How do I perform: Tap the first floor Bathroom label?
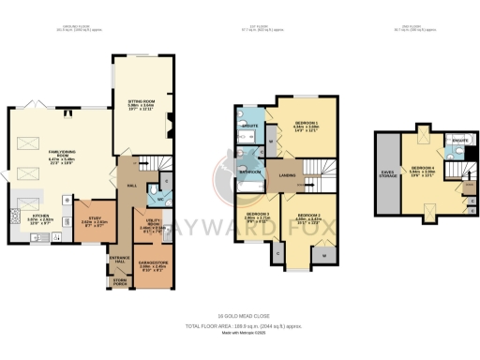coord(248,172)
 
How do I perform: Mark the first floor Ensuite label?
coord(249,125)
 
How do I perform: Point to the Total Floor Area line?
coord(239,323)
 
